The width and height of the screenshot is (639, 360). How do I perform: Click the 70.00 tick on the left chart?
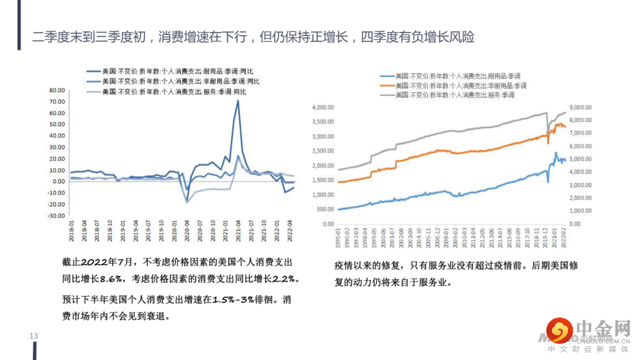coord(56,102)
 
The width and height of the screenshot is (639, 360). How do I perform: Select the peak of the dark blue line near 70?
coord(238,101)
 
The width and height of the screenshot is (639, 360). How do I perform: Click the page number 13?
coord(34,336)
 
